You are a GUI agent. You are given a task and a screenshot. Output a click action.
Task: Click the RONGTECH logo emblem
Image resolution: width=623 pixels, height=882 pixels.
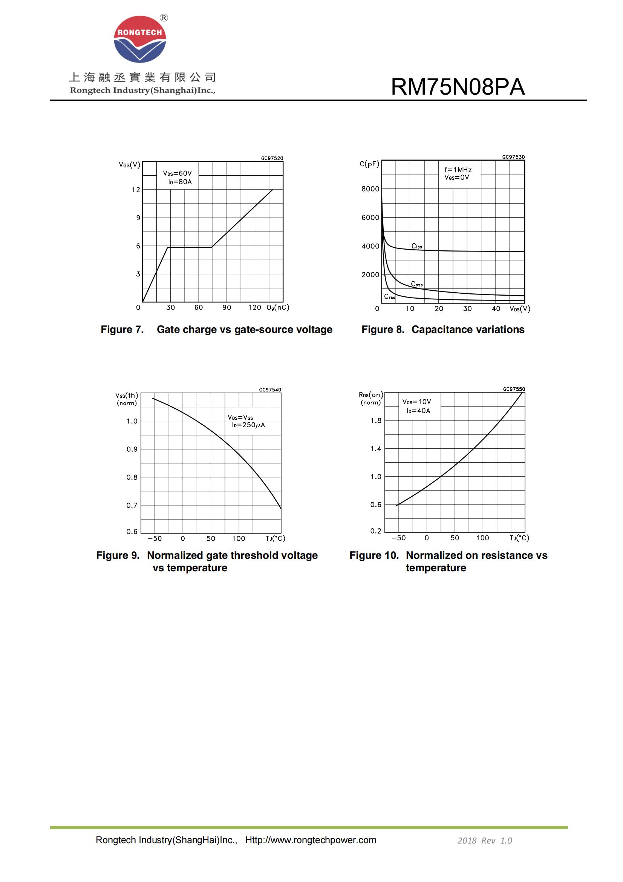pyautogui.click(x=140, y=39)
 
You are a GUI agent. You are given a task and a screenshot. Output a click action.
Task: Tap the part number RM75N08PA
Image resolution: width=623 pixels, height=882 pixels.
pyautogui.click(x=457, y=87)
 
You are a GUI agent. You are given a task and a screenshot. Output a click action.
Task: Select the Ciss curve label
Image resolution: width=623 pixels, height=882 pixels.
pyautogui.click(x=416, y=246)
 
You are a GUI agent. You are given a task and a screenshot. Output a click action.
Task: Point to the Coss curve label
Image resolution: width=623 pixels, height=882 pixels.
pyautogui.click(x=416, y=284)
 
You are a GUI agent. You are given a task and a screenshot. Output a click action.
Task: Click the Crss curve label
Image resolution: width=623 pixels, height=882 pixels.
pyautogui.click(x=390, y=296)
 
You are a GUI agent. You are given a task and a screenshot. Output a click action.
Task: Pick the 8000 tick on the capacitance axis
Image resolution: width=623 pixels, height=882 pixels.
pyautogui.click(x=370, y=189)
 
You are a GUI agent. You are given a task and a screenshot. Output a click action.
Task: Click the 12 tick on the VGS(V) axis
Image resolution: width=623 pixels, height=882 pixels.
pyautogui.click(x=136, y=190)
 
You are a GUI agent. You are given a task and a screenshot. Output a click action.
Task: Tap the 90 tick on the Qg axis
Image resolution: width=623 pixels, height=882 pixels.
pyautogui.click(x=227, y=308)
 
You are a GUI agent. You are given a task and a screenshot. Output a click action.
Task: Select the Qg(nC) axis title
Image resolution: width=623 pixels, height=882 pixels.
pyautogui.click(x=277, y=308)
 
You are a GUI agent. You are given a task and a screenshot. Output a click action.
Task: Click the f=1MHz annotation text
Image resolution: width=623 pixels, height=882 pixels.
pyautogui.click(x=458, y=170)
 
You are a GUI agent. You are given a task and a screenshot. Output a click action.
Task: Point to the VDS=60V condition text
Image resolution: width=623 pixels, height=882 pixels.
pyautogui.click(x=177, y=173)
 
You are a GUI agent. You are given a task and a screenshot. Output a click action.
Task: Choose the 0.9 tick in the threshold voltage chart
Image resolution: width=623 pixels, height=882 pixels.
pyautogui.click(x=132, y=449)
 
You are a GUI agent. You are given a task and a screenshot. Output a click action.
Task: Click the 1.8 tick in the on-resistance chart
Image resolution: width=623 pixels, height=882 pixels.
pyautogui.click(x=376, y=421)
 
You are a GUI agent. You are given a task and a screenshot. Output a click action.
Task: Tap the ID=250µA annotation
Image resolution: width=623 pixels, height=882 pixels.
pyautogui.click(x=248, y=425)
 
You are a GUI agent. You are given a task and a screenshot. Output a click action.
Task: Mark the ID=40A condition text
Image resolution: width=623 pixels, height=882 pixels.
pyautogui.click(x=418, y=411)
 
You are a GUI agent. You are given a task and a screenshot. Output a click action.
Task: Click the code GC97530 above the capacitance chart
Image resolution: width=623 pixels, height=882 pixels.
pyautogui.click(x=513, y=157)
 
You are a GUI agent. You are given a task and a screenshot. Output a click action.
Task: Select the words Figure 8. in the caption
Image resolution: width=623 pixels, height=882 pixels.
pyautogui.click(x=383, y=330)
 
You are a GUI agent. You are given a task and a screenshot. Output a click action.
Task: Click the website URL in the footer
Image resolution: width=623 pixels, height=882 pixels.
pyautogui.click(x=311, y=840)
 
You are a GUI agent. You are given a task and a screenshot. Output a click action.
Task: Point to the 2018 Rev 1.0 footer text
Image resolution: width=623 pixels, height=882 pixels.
pyautogui.click(x=484, y=841)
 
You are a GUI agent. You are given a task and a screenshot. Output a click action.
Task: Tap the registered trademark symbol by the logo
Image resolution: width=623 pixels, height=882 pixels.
pyautogui.click(x=164, y=18)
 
